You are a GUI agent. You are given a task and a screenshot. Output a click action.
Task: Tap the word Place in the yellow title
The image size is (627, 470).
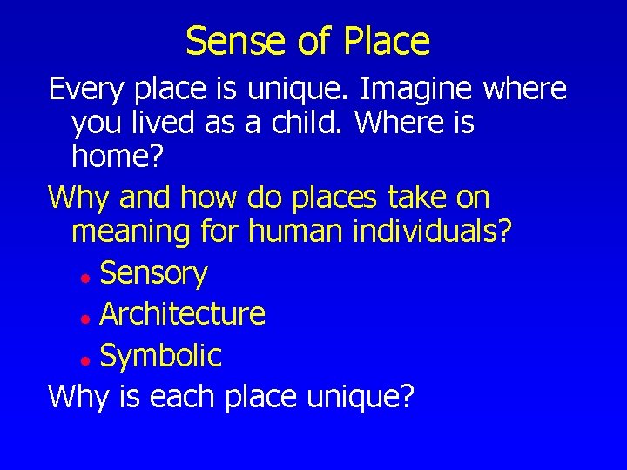pos(387,41)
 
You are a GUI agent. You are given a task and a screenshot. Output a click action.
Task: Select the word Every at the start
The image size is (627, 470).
pos(84,89)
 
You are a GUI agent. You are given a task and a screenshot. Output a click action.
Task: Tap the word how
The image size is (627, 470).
pos(208,198)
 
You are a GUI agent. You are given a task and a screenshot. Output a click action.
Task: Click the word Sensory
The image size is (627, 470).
pos(153,274)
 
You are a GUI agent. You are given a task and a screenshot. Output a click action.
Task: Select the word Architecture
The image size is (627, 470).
pos(183,313)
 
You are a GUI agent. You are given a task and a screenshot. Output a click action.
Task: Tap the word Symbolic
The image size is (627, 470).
pos(161,355)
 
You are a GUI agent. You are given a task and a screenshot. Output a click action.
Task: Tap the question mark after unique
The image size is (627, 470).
pos(406,396)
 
